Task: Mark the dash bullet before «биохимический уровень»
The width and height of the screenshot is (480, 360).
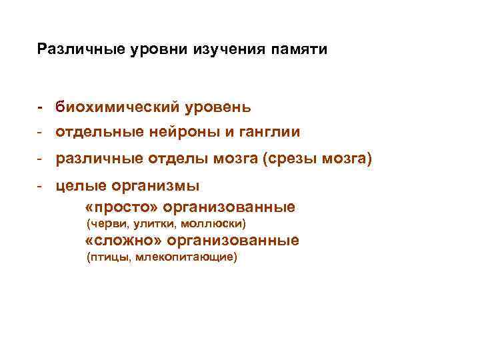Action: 41,107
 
